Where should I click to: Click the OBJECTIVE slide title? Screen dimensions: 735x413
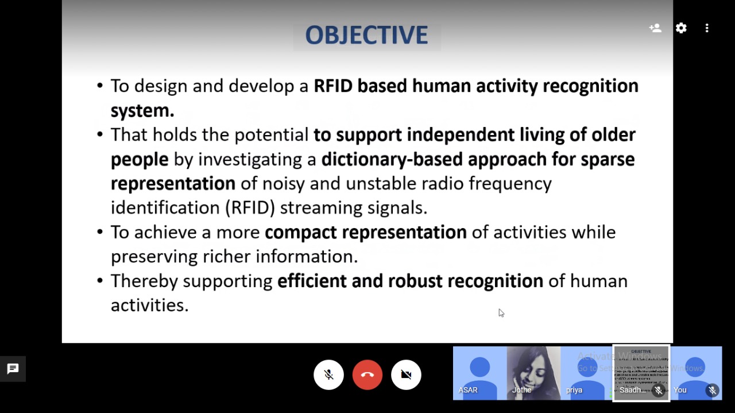366,35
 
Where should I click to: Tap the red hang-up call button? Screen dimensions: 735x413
367,375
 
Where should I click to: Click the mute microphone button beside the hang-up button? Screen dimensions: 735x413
328,375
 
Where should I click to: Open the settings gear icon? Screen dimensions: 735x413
681,28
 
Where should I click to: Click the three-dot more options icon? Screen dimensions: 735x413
707,28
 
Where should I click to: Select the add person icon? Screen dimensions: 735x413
655,28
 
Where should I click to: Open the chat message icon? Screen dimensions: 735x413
13,369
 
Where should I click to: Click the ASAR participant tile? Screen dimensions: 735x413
479,373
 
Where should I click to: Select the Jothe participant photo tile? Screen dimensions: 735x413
533,373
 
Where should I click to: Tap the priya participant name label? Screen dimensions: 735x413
574,390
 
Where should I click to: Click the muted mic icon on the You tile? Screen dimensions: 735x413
713,390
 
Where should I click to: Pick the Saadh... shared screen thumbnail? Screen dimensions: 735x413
641,373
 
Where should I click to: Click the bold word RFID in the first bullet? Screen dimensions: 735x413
332,86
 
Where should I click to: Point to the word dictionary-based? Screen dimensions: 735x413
392,160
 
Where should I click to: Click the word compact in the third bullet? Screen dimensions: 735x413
300,233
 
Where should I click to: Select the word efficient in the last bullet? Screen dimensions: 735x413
312,281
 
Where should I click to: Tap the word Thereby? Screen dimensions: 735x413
144,281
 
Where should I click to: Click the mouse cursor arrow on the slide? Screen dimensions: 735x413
501,313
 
